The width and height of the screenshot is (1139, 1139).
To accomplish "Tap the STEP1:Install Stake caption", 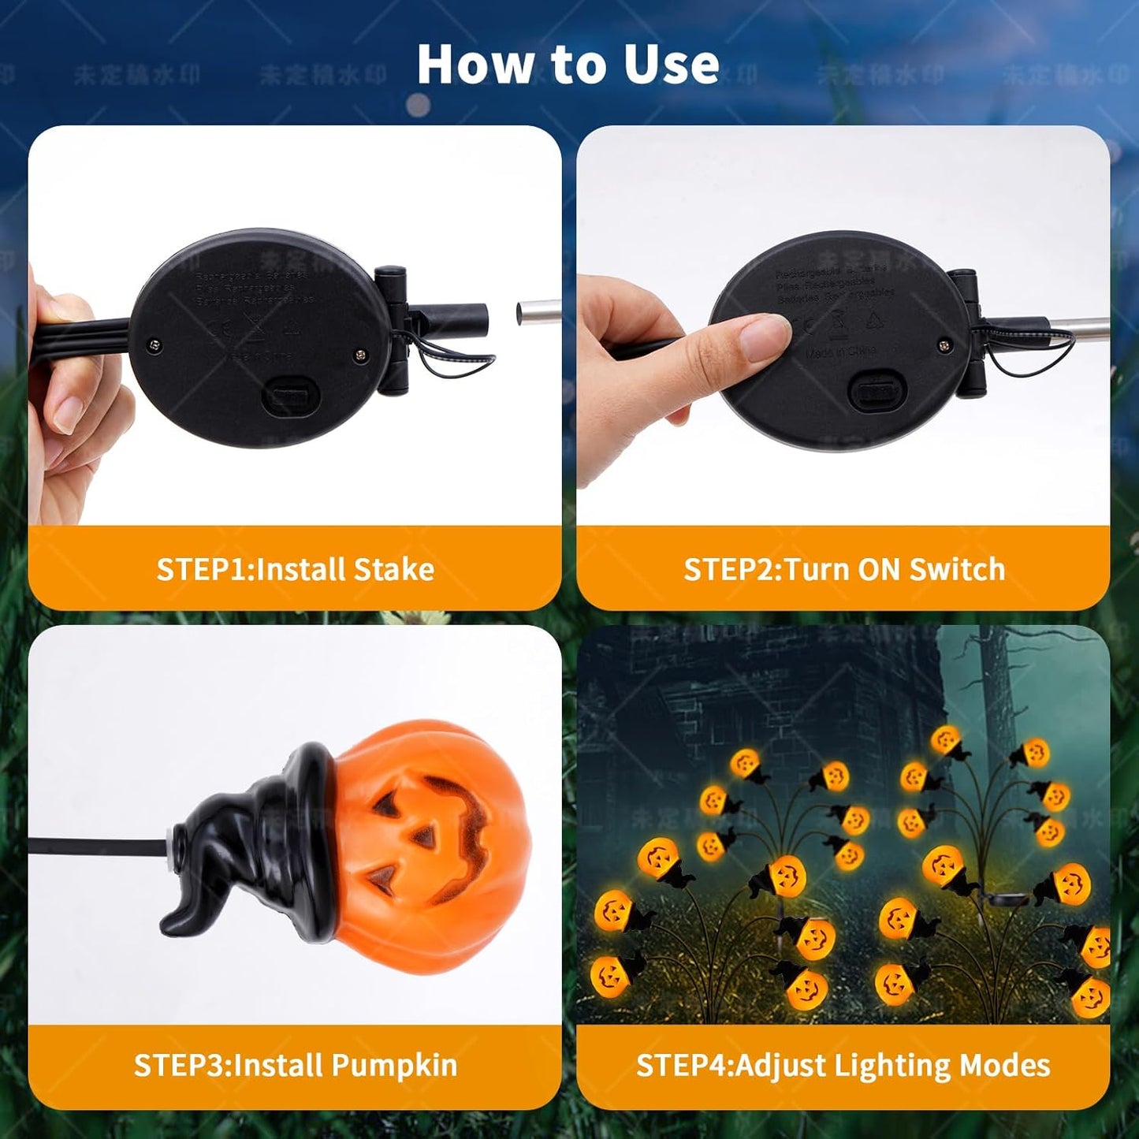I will pyautogui.click(x=295, y=569).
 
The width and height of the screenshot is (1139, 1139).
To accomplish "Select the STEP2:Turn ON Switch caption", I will pyautogui.click(x=843, y=569).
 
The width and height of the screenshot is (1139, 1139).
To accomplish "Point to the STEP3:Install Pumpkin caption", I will pyautogui.click(x=295, y=1065).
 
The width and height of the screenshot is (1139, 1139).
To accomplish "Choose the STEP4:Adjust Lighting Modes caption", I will pyautogui.click(x=843, y=1065).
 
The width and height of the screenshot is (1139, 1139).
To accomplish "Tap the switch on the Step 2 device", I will pyautogui.click(x=874, y=390).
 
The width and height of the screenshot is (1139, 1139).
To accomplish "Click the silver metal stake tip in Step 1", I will pyautogui.click(x=538, y=312).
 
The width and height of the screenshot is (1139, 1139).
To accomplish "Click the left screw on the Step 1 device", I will pyautogui.click(x=154, y=344).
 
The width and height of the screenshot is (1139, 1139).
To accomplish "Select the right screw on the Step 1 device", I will pyautogui.click(x=360, y=355).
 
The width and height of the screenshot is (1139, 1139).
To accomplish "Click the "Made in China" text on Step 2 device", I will pyautogui.click(x=840, y=352).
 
